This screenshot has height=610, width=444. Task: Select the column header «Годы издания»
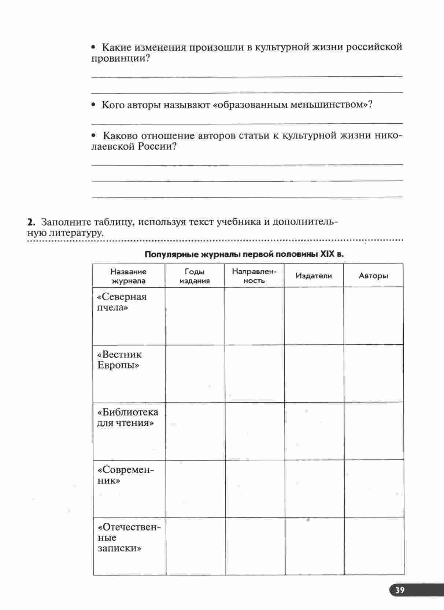point(195,276)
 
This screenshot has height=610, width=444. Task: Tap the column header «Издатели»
point(314,276)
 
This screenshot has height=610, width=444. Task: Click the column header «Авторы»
point(373,276)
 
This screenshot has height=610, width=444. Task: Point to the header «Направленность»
point(254,276)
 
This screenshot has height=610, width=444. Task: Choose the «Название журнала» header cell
point(129,276)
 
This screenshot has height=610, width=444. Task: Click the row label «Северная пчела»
point(122,302)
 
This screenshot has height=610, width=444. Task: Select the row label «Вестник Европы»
point(119,360)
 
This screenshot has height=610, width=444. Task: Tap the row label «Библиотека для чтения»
point(127,417)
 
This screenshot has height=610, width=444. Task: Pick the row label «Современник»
point(126,475)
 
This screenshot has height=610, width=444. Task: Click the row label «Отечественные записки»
point(129,538)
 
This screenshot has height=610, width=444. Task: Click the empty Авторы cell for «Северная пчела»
point(373,316)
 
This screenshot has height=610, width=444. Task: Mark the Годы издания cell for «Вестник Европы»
point(195,373)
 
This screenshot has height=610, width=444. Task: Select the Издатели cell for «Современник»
point(314,489)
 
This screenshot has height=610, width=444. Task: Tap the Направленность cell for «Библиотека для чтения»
point(255,431)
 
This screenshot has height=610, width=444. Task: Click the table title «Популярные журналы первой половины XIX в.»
point(244,254)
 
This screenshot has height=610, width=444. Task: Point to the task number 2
point(31,222)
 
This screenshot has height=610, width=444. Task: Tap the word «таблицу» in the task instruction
point(115,222)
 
